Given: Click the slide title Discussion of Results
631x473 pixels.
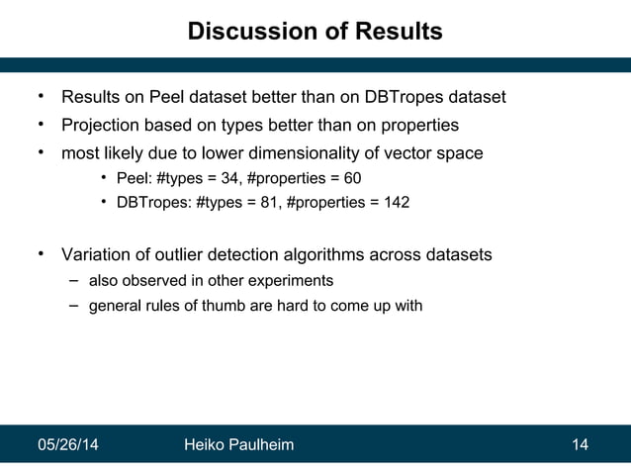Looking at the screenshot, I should (x=315, y=32).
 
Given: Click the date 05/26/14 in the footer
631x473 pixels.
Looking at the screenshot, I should (x=67, y=445).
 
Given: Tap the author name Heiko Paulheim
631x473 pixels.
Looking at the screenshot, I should (x=239, y=445).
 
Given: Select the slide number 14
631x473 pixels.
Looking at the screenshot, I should (x=581, y=445).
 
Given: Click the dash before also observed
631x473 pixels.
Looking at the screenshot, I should (x=73, y=281).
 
